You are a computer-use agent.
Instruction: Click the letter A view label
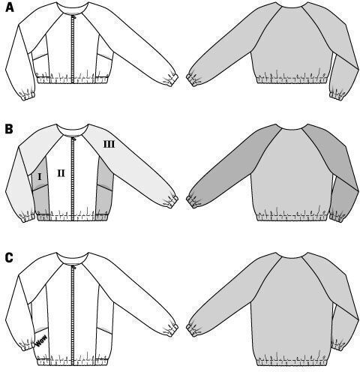pyautogui.click(x=9, y=7)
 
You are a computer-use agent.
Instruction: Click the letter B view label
pyautogui.click(x=9, y=130)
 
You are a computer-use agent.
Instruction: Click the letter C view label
pyautogui.click(x=9, y=258)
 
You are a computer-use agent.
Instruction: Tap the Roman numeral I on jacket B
pyautogui.click(x=40, y=177)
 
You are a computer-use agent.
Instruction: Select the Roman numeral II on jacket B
pyautogui.click(x=61, y=173)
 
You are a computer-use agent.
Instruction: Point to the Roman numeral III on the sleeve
pyautogui.click(x=109, y=144)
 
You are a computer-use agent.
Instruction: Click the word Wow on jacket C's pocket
pyautogui.click(x=41, y=340)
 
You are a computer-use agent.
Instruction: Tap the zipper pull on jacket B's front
pyautogui.click(x=73, y=137)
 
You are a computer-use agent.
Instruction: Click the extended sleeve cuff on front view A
pyautogui.click(x=172, y=79)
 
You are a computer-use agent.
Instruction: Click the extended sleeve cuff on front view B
pyautogui.click(x=172, y=201)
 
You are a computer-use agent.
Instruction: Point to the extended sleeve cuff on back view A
pyautogui.click(x=193, y=78)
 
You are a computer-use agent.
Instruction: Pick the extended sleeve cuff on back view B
pyautogui.click(x=193, y=200)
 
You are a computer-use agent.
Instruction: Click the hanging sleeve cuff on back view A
pyautogui.click(x=337, y=95)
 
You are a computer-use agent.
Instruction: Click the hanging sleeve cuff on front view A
pyautogui.click(x=28, y=95)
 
